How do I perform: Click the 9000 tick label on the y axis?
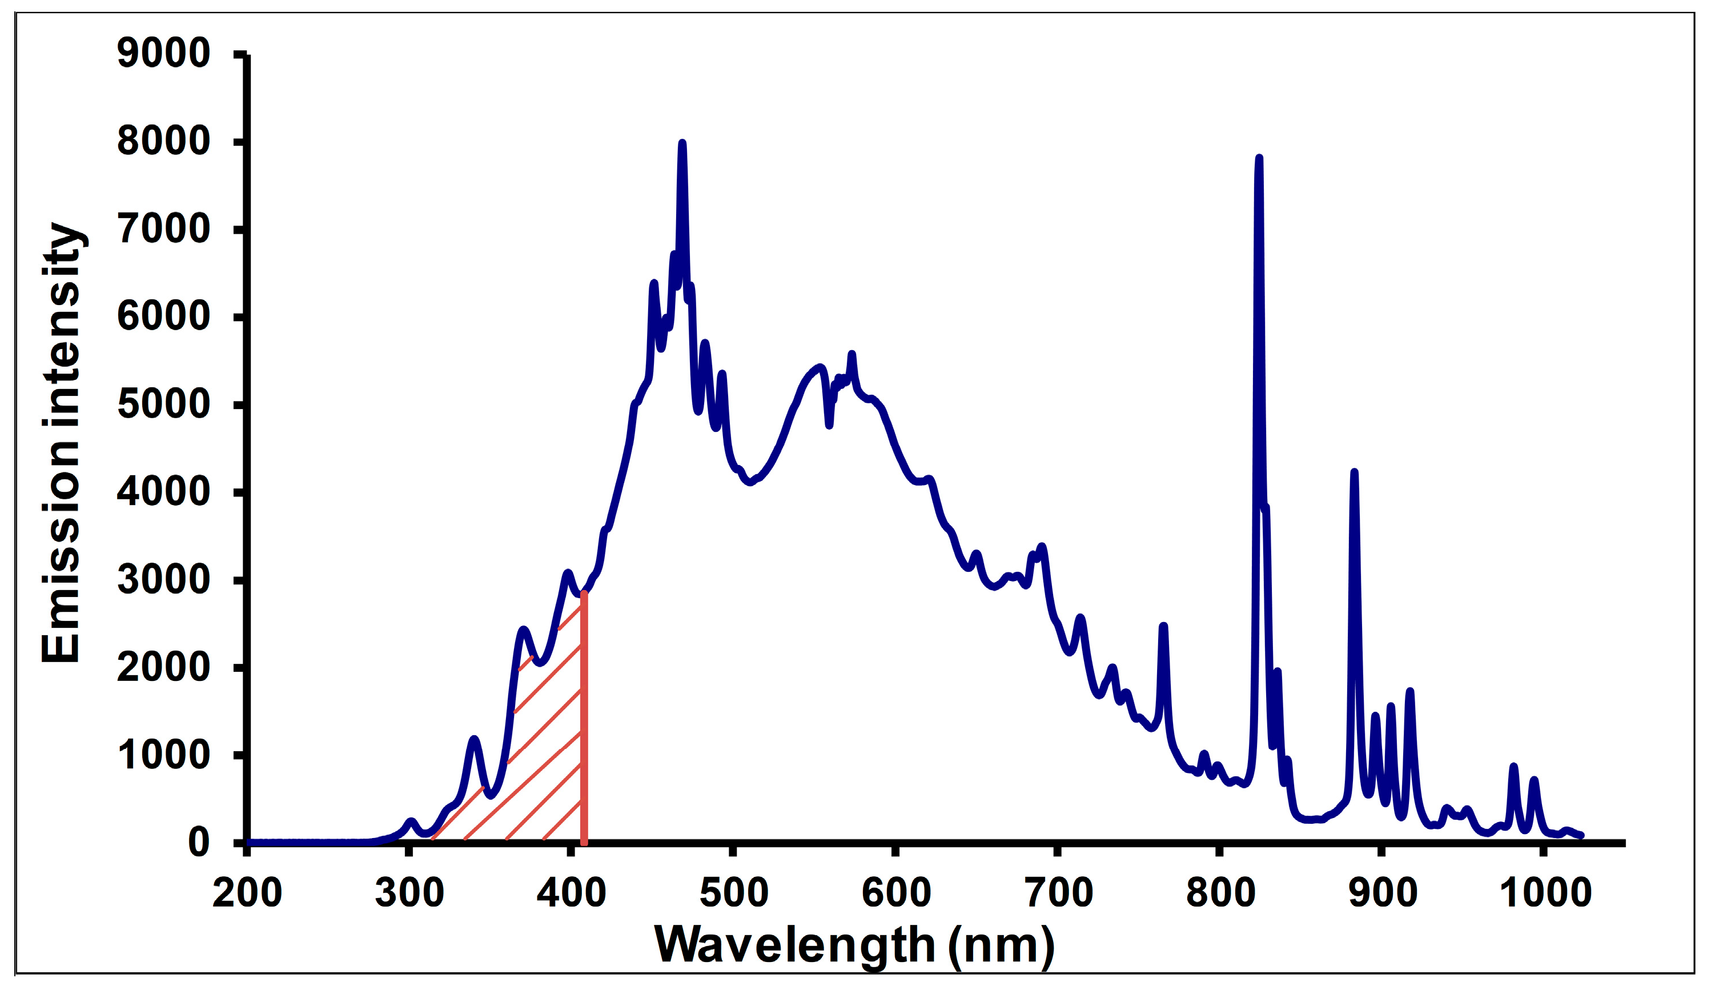coord(163,54)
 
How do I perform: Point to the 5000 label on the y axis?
coord(163,404)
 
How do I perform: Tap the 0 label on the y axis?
coord(199,843)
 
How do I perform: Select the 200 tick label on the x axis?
coord(247,893)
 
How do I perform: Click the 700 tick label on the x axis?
coord(1058,893)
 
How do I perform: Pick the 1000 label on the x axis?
coord(1545,893)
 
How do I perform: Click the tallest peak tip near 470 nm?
coord(682,143)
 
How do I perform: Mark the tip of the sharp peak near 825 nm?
coord(1258,158)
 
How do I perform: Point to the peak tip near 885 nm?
coord(1353,472)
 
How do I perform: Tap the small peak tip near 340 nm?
coord(474,739)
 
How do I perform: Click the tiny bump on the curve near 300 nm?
coord(410,821)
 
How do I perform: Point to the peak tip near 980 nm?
coord(1513,766)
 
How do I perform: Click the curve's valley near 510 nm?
coord(750,483)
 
